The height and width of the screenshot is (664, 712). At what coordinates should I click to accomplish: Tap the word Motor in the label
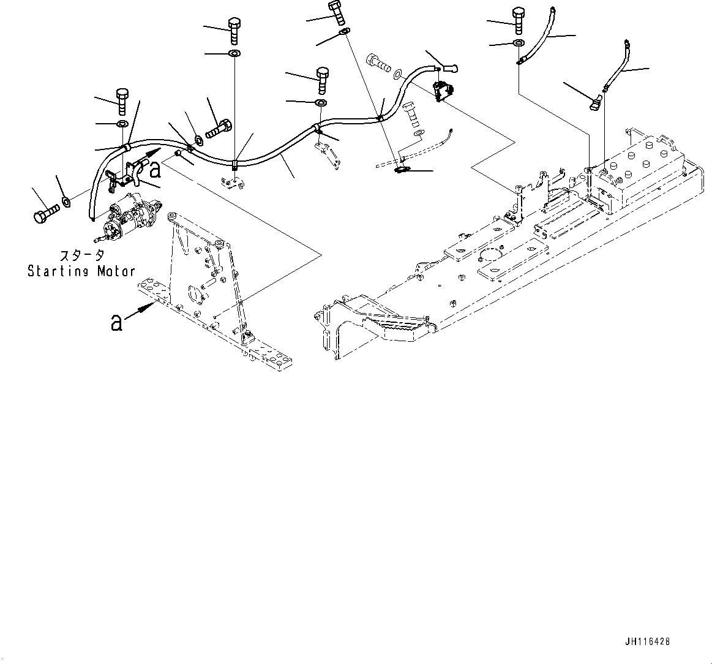pyautogui.click(x=116, y=271)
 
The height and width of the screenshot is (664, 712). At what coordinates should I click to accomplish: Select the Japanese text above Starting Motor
pyautogui.click(x=81, y=256)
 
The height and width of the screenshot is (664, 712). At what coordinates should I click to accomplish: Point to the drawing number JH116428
pyautogui.click(x=647, y=641)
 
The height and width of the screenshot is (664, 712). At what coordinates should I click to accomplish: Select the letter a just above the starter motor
pyautogui.click(x=156, y=168)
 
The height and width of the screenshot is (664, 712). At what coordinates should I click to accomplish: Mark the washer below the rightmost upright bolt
pyautogui.click(x=519, y=43)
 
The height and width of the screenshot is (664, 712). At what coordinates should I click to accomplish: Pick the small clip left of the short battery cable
pyautogui.click(x=598, y=104)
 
